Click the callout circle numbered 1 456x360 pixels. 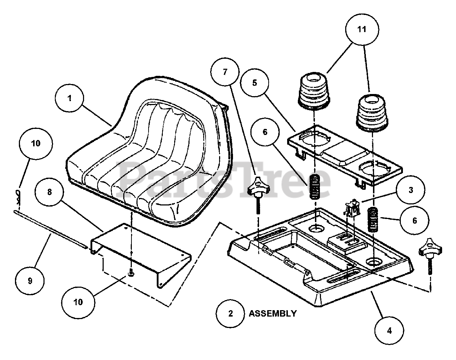click(70, 99)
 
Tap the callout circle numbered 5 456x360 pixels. click(254, 83)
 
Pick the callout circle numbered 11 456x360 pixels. click(362, 30)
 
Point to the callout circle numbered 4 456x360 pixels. click(389, 331)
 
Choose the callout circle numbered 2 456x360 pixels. click(230, 313)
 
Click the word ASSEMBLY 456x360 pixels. click(272, 314)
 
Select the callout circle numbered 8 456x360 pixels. click(50, 192)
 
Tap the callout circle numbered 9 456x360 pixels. click(30, 281)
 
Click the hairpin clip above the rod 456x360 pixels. click(20, 195)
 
